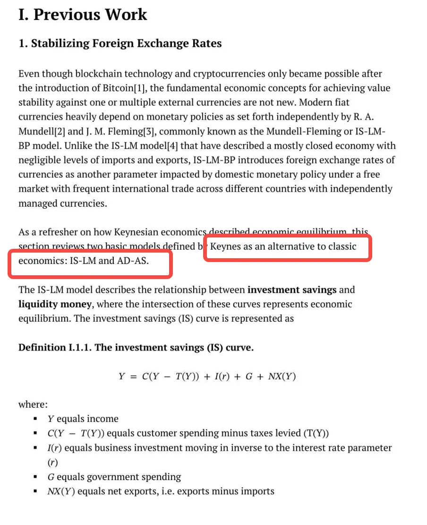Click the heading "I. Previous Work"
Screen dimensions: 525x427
coord(83,14)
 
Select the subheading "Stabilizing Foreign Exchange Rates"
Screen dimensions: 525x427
coord(126,44)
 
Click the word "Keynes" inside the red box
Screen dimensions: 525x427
coord(225,246)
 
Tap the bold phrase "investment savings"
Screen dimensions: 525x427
coord(292,289)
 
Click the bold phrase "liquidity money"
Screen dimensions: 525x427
coord(55,304)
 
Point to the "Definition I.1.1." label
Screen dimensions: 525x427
coord(55,348)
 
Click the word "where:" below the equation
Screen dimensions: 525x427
coord(33,404)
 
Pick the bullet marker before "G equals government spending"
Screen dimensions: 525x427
coord(35,477)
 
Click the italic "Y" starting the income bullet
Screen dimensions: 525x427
coord(51,419)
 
